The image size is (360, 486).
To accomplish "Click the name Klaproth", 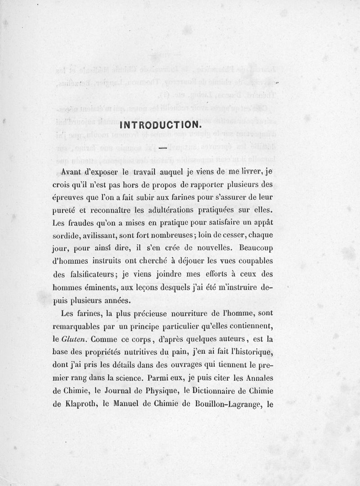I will [x=80, y=404].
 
